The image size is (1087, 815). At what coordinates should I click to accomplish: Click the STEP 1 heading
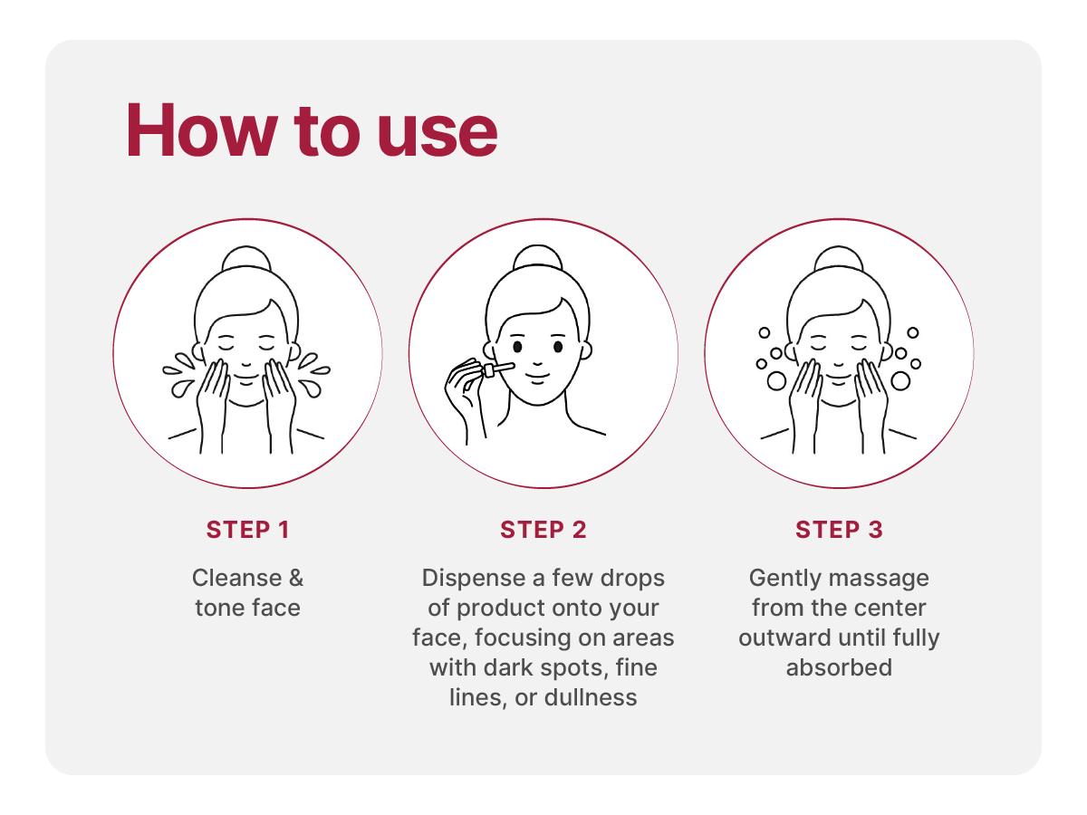click(x=247, y=530)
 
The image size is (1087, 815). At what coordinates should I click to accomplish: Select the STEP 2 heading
click(x=543, y=530)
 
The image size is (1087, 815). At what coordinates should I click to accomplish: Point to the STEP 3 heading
click(x=839, y=530)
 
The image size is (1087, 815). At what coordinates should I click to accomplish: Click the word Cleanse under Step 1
click(x=236, y=578)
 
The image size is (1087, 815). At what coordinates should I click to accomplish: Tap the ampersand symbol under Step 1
click(x=296, y=578)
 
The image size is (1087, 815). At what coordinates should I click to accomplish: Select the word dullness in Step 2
click(x=591, y=697)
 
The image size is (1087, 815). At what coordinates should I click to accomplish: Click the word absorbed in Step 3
click(x=839, y=667)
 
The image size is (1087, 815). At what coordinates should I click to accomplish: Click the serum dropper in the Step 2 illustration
click(x=498, y=369)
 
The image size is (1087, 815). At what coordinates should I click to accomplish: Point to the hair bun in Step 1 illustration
click(x=246, y=258)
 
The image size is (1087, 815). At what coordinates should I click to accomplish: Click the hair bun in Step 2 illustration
click(x=538, y=257)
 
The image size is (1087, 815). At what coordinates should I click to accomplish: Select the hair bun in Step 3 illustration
click(x=839, y=258)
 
